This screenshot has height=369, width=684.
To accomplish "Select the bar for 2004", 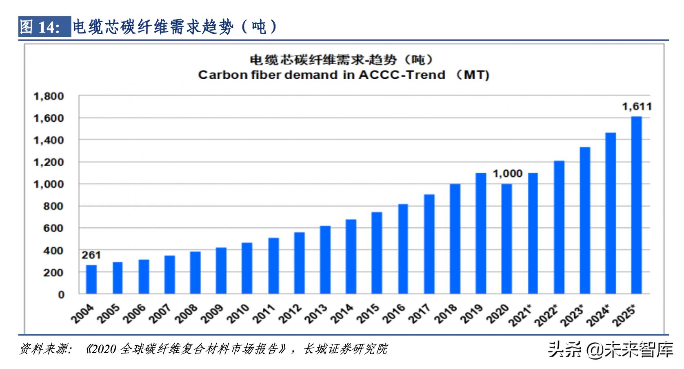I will (x=91, y=280).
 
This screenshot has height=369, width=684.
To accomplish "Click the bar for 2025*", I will (x=636, y=205).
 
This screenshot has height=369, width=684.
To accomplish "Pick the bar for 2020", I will (x=506, y=239).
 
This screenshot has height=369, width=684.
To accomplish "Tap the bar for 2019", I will (x=481, y=233).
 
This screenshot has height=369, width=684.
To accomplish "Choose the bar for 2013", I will (x=325, y=260).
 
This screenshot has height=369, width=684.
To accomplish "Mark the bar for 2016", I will (x=403, y=249).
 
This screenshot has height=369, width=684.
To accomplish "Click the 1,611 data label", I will (x=637, y=107).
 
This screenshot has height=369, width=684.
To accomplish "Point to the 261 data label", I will (x=91, y=256).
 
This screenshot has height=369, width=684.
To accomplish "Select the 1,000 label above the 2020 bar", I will (x=507, y=174).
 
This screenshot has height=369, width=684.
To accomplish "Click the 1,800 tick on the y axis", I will (x=49, y=96).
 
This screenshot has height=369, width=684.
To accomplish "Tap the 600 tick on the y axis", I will (x=54, y=228).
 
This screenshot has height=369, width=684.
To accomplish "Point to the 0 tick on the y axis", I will (x=61, y=294).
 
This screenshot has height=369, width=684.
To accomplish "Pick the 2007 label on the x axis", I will (x=162, y=314).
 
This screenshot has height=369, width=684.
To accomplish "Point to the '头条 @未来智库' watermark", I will (x=610, y=349).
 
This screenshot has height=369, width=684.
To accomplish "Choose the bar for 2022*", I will (x=559, y=227).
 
